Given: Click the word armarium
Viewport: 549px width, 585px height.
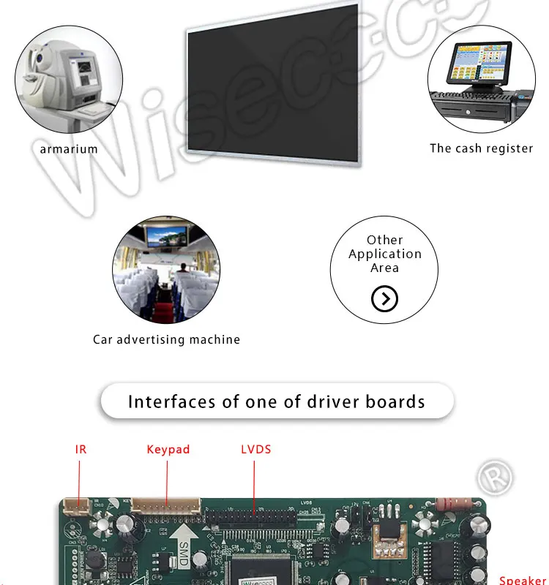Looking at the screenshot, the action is (x=69, y=148).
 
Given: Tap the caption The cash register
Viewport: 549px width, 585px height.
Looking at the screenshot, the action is (x=481, y=148).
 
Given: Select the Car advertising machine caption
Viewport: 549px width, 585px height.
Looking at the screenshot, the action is (x=166, y=339).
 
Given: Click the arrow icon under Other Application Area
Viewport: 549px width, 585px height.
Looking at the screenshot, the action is (x=384, y=298).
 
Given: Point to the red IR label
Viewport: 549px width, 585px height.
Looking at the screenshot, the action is (x=81, y=449).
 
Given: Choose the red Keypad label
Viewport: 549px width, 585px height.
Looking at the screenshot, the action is (x=168, y=449).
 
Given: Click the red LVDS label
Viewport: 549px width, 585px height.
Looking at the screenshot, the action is (x=255, y=449).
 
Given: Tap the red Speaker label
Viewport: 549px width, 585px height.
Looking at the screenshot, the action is (x=523, y=580).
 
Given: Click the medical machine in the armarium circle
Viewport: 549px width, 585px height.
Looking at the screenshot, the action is (x=66, y=84).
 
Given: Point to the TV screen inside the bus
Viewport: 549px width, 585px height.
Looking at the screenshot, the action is (x=166, y=236).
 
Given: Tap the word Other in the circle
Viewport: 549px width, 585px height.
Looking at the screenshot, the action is (x=384, y=240).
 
